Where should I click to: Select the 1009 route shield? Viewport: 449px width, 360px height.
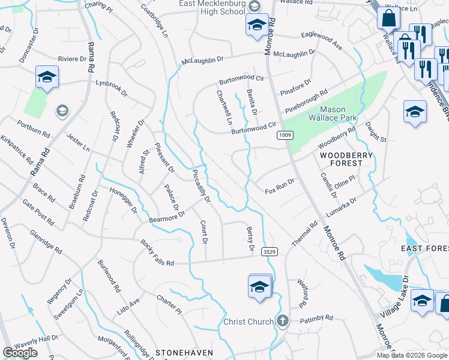coord(285,137)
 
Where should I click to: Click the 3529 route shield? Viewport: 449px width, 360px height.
coord(270,253)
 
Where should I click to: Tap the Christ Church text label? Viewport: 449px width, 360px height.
coord(249,322)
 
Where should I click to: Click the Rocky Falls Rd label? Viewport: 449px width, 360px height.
coord(157,254)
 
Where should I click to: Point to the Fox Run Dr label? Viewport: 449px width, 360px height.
coord(280,187)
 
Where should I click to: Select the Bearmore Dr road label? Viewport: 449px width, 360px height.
coord(167,217)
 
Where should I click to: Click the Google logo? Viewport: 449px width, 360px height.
coord(20,353)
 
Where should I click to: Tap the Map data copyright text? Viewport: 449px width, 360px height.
coord(412,355)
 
